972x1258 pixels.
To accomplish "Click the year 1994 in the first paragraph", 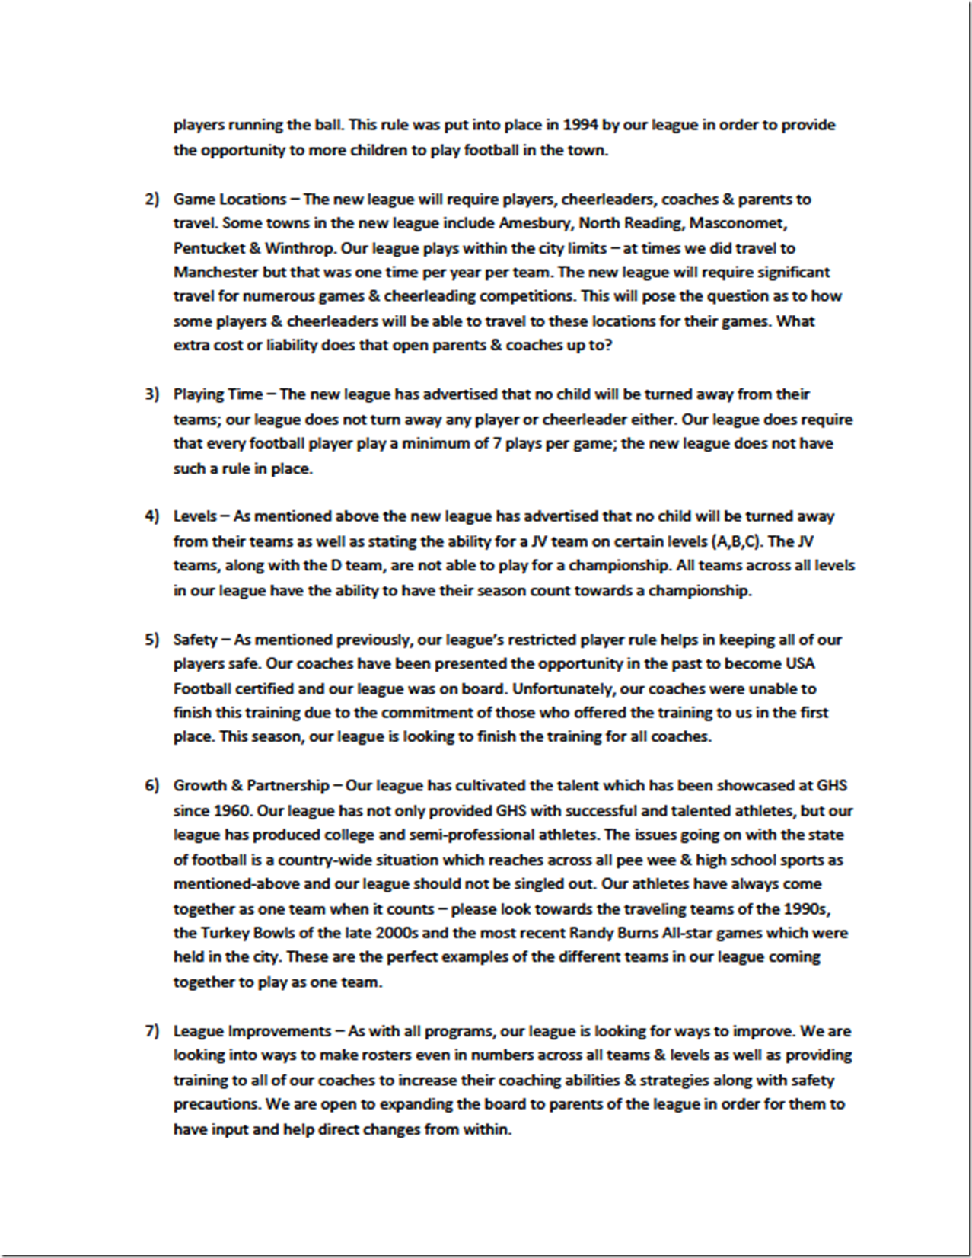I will click(x=580, y=125).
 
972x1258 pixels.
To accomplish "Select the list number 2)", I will click(x=152, y=200).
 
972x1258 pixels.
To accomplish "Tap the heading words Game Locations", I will click(x=229, y=200).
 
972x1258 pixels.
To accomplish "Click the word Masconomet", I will click(x=738, y=223).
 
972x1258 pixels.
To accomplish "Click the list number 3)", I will click(x=152, y=394).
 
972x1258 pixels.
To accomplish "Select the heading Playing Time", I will click(x=218, y=394).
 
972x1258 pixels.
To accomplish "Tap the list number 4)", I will click(x=152, y=516).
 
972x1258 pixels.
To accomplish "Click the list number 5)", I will click(x=152, y=640).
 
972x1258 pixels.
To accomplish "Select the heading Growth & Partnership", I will click(x=251, y=786).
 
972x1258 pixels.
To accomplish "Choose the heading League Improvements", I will click(x=252, y=1031).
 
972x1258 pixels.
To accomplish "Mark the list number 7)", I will click(x=152, y=1031).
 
